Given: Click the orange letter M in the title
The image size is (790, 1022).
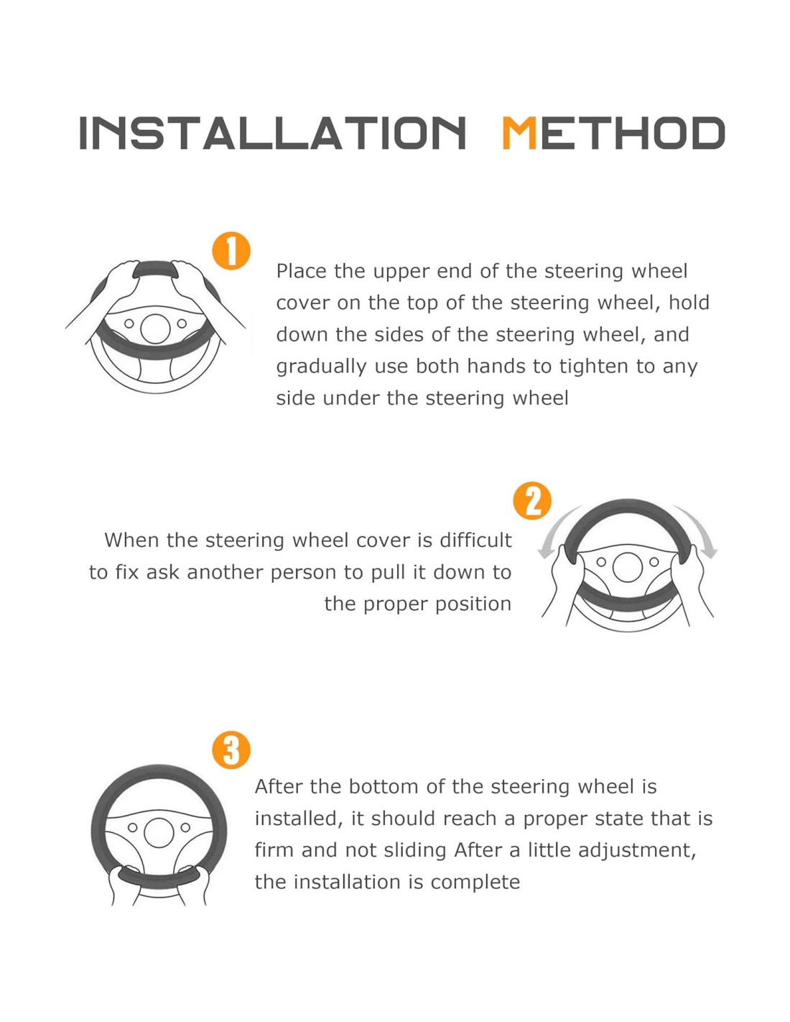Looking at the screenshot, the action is (519, 133).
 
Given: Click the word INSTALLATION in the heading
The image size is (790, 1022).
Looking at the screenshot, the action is (272, 133).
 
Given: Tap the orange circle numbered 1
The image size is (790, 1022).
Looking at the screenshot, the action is (231, 251).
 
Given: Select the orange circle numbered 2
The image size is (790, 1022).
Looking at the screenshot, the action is (532, 501).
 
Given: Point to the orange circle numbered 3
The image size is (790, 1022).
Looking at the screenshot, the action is (231, 750).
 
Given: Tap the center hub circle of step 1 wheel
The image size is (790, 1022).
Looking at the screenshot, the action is (154, 328).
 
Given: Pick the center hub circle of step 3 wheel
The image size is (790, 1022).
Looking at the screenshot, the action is (159, 832).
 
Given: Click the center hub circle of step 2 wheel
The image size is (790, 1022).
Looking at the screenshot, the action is (628, 567).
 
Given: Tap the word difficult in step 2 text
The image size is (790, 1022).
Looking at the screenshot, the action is (475, 540).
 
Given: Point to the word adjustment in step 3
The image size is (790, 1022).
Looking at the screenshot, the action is (637, 851).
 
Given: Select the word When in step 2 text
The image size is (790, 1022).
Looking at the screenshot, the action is (131, 540).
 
